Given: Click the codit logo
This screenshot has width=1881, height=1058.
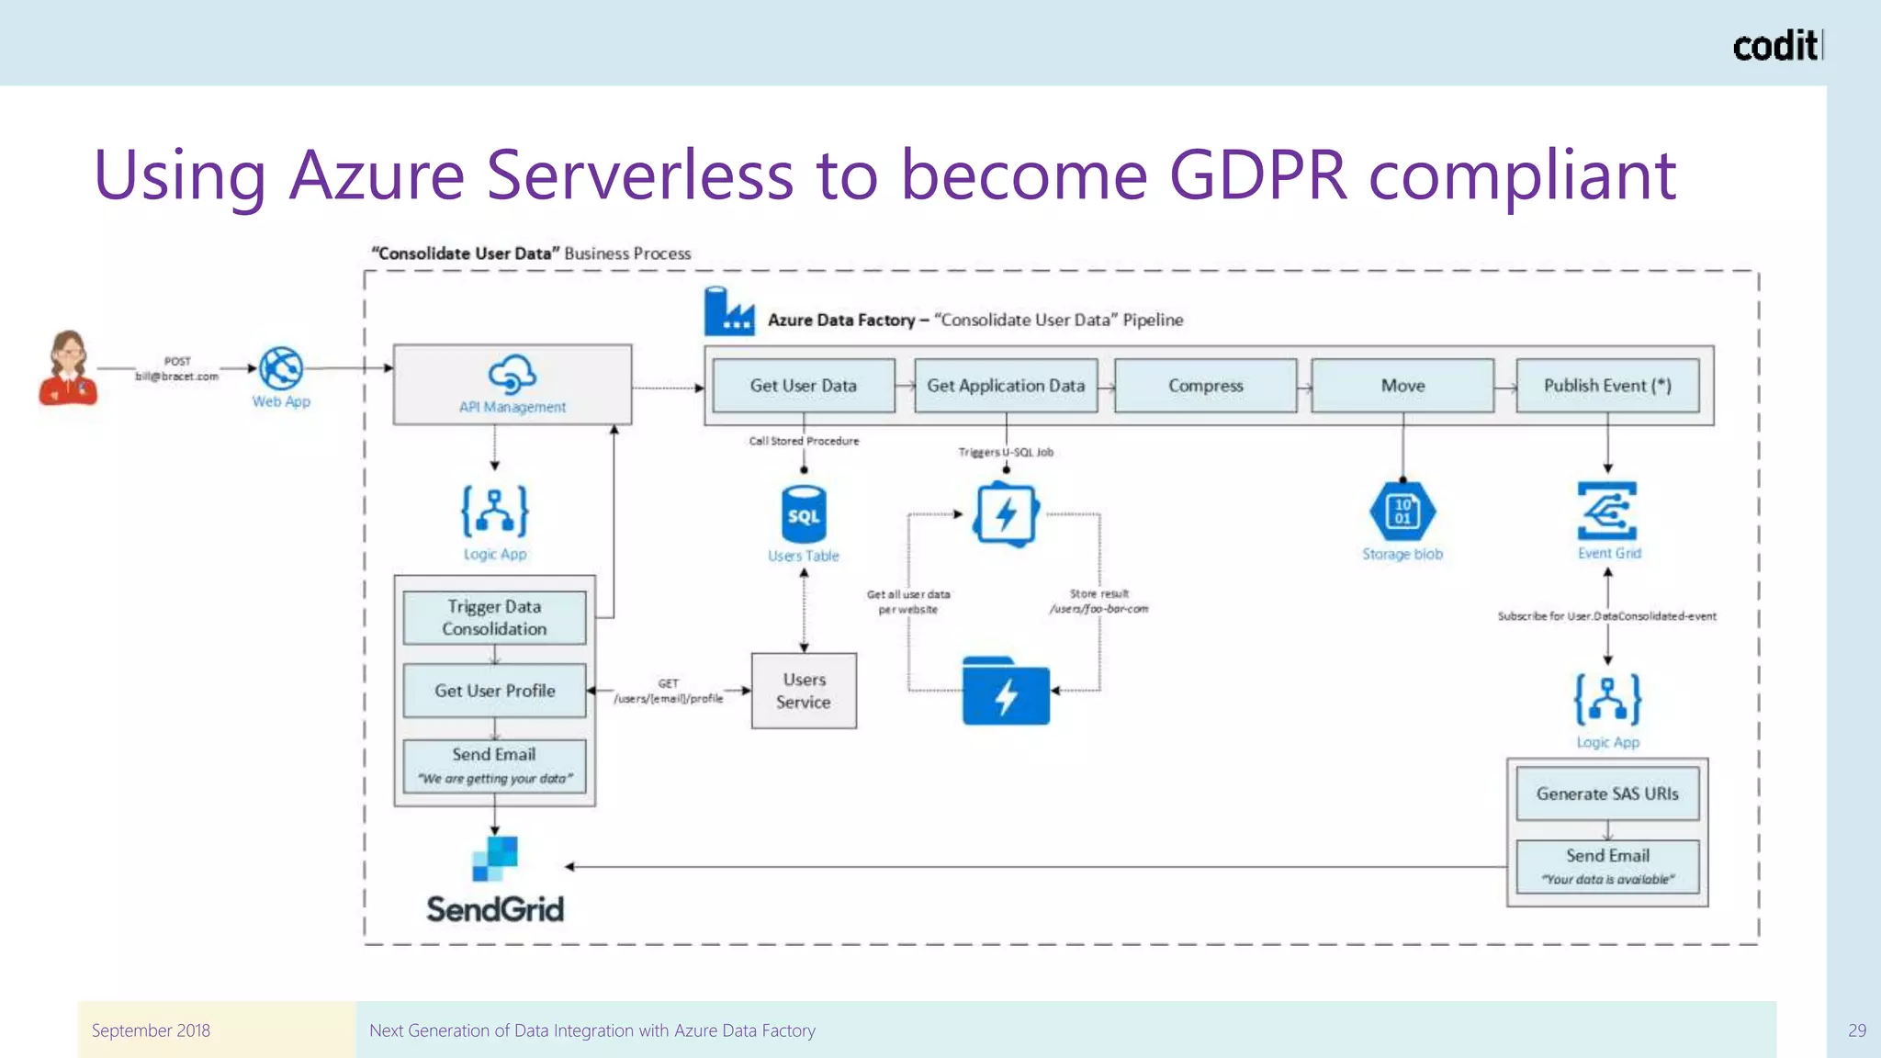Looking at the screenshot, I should [1776, 46].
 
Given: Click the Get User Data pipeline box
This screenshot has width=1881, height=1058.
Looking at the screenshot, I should [803, 386].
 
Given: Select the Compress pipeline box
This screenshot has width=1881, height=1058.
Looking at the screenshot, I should [1205, 386].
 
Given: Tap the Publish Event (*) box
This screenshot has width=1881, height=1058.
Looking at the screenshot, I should [1606, 386].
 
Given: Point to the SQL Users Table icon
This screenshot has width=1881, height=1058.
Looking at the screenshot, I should [804, 515].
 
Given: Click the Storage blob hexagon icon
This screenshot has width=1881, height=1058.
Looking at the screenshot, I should [1402, 512].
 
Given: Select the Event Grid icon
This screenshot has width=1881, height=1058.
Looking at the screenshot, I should [1607, 511].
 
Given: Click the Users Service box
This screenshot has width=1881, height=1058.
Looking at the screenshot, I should [804, 691].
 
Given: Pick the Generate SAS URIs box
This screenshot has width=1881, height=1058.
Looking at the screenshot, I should [1606, 793].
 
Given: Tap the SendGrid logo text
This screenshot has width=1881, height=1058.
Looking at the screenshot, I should [495, 909].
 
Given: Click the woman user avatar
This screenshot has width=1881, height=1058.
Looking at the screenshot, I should [68, 368].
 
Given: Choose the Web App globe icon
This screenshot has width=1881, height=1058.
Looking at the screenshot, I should [281, 369].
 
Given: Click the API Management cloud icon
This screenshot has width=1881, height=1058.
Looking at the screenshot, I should [512, 374].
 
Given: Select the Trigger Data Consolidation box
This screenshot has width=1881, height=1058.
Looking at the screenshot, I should [494, 617].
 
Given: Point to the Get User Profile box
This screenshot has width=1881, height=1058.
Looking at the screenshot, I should [494, 691].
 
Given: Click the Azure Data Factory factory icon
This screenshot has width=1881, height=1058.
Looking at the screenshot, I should [729, 312].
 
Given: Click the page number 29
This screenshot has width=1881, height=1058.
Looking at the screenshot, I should [1856, 1030].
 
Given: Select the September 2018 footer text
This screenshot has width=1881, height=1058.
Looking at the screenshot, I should [151, 1030].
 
